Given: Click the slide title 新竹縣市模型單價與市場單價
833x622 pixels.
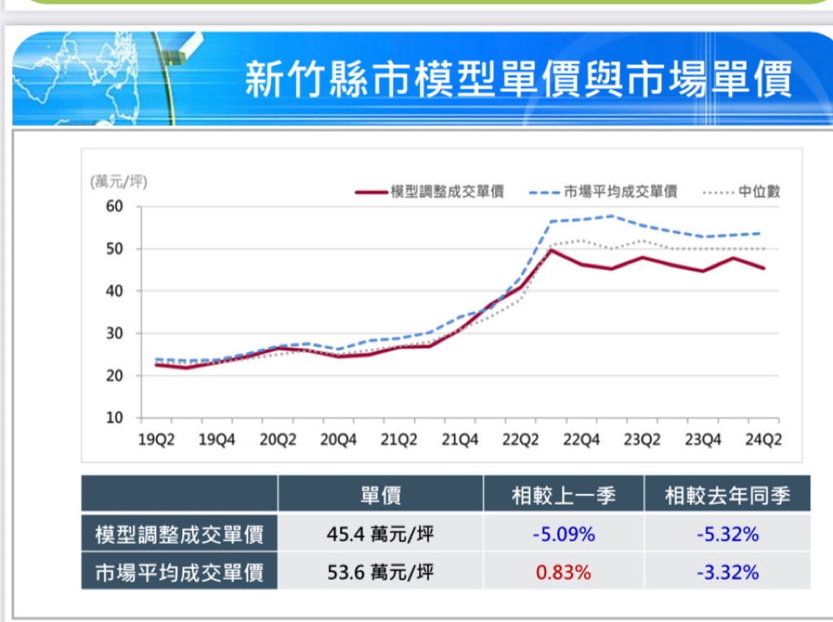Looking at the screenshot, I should (518, 80).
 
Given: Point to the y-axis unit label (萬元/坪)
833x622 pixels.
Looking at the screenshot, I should (119, 181).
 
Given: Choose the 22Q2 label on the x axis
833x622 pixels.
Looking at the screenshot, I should (520, 440).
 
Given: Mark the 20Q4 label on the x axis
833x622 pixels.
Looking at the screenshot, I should (338, 440).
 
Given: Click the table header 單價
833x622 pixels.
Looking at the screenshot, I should (380, 494).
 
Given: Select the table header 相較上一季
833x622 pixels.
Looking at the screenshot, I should (563, 494).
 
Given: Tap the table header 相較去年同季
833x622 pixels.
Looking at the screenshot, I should (727, 494).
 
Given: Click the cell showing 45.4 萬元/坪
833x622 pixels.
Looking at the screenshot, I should (380, 534).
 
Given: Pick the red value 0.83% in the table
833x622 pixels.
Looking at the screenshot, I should (563, 572).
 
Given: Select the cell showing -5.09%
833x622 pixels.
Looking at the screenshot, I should (563, 534).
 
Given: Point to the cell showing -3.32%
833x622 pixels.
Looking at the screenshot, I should (727, 572).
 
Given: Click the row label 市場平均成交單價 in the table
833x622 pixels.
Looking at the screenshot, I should (179, 572).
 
